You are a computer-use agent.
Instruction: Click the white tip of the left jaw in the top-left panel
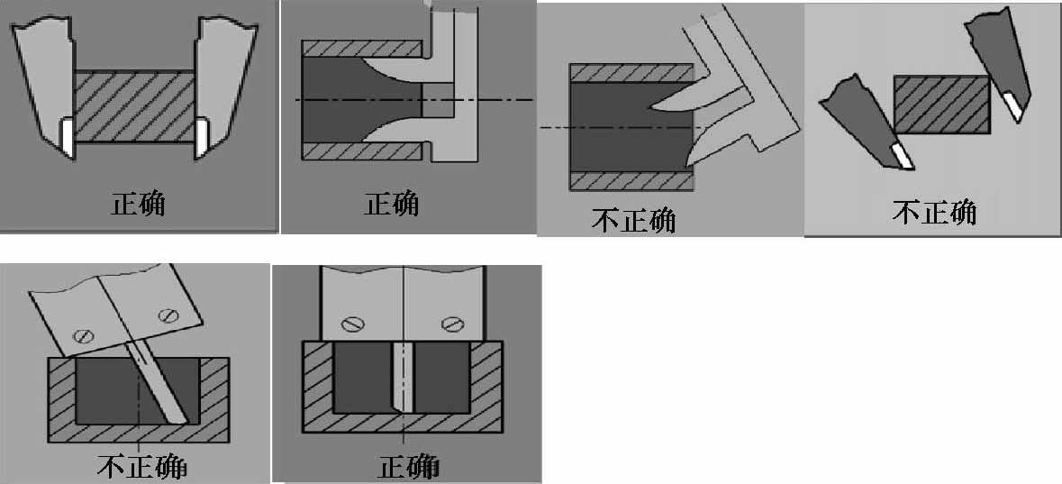[67, 138]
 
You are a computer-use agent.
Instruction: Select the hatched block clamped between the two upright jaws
[134, 108]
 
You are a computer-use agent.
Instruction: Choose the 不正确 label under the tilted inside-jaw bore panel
[634, 220]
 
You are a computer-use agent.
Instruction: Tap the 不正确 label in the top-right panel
[935, 212]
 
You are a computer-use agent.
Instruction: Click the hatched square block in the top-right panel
[941, 105]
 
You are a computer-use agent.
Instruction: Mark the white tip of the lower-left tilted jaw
[900, 156]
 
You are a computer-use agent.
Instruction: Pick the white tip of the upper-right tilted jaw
[1012, 105]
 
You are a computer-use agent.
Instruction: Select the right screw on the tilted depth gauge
[167, 315]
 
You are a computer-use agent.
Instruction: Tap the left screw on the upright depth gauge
[351, 324]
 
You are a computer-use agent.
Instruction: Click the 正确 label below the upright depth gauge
[407, 467]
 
